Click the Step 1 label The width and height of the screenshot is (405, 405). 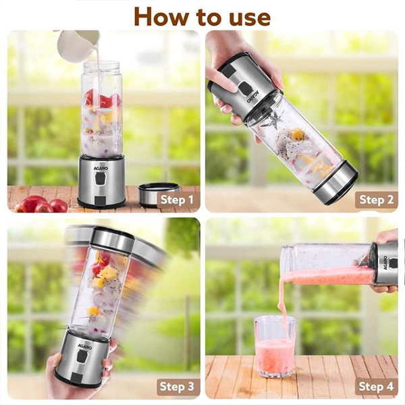[x=177, y=200]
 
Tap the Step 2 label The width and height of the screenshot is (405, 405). [x=376, y=200]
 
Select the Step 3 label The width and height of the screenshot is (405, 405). [x=177, y=387]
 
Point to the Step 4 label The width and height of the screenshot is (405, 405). [x=376, y=387]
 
